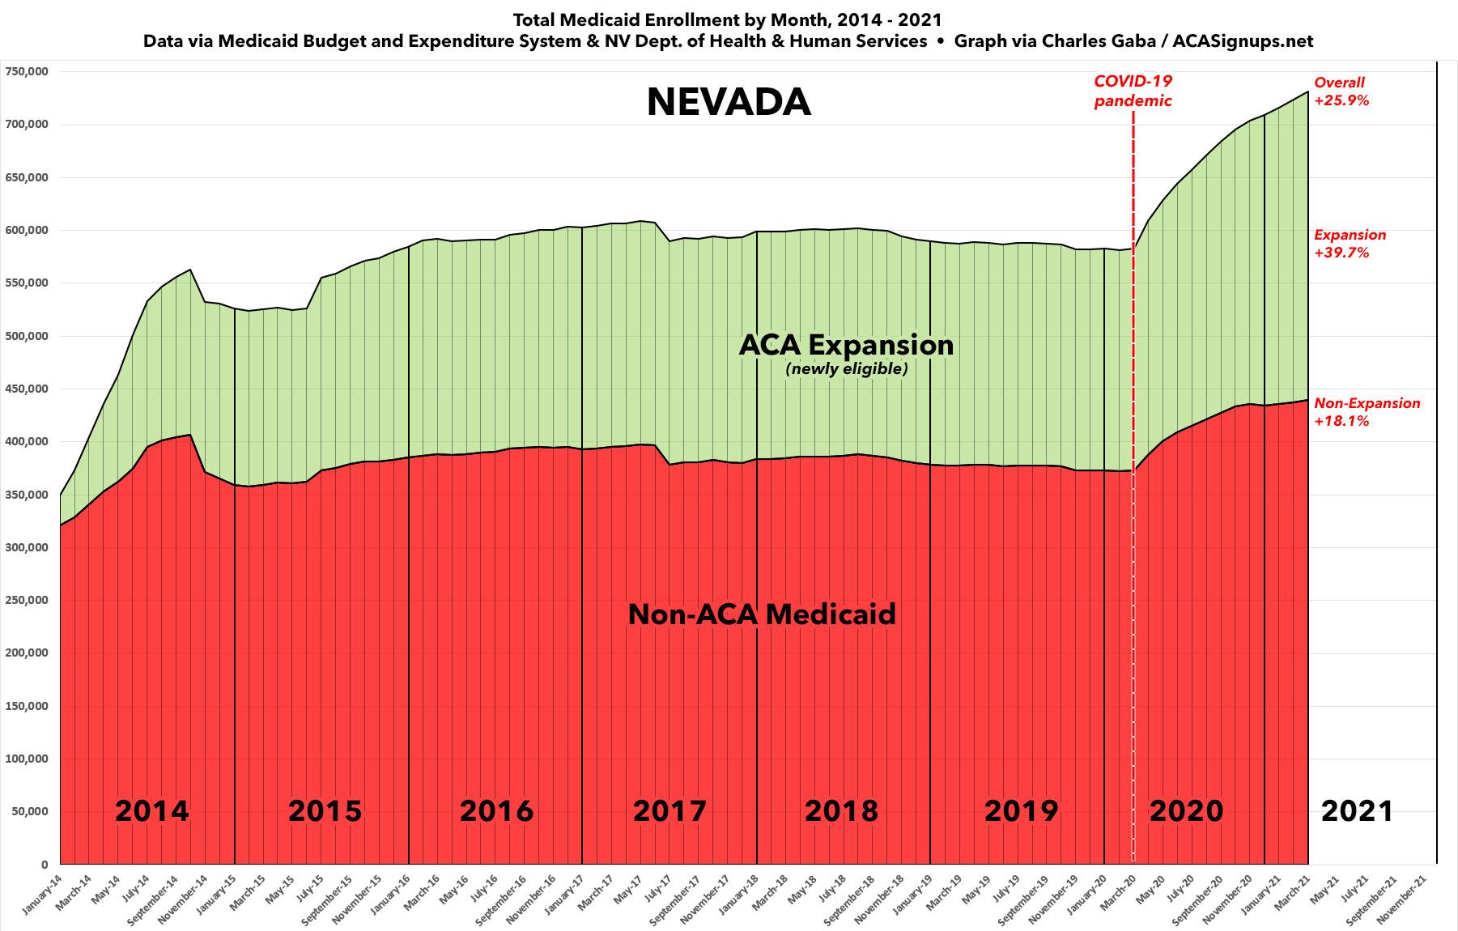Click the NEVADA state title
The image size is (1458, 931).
coord(729,103)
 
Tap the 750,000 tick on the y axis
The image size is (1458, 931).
coord(27,71)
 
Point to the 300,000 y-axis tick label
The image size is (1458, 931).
coord(27,547)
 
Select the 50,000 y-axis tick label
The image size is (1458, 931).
coord(30,811)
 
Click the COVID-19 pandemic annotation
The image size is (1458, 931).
coord(1133,91)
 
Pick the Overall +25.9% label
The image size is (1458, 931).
coord(1341,91)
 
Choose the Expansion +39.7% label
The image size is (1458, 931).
coord(1350,244)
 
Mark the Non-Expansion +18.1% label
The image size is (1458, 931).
coord(1367,412)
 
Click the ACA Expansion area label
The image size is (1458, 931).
coord(846,345)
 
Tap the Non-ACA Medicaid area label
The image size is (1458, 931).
coord(762,614)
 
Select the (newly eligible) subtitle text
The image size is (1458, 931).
coord(846,369)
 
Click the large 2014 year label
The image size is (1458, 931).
coord(151,810)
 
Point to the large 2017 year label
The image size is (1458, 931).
coord(669,810)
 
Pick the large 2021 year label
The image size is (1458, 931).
coord(1357,810)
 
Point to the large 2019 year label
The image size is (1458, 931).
coord(1020,810)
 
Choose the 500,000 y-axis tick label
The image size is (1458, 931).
coord(27,336)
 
